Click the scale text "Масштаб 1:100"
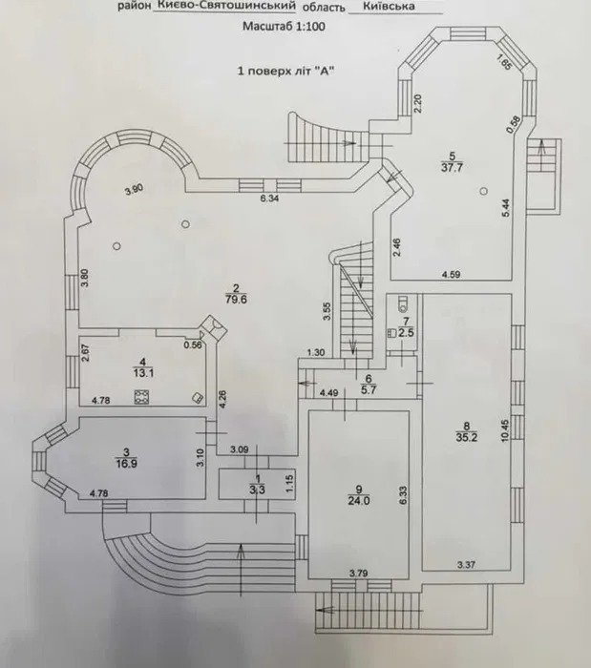(x=284, y=27)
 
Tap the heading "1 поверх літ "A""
(x=285, y=71)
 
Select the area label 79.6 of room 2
(x=236, y=300)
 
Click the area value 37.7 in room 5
(x=453, y=167)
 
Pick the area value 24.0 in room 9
(x=359, y=501)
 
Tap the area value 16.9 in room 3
(x=126, y=464)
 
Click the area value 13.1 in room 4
(x=143, y=374)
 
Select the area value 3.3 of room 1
(x=258, y=491)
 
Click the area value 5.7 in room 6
(x=369, y=389)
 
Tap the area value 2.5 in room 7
(x=406, y=333)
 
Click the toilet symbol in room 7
(x=402, y=303)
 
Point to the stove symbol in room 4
(x=140, y=397)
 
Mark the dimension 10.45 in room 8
(x=505, y=430)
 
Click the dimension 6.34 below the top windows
(x=270, y=198)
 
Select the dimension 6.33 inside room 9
(x=404, y=495)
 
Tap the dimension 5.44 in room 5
(x=505, y=208)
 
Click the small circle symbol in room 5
(x=483, y=191)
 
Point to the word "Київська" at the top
(x=389, y=7)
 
